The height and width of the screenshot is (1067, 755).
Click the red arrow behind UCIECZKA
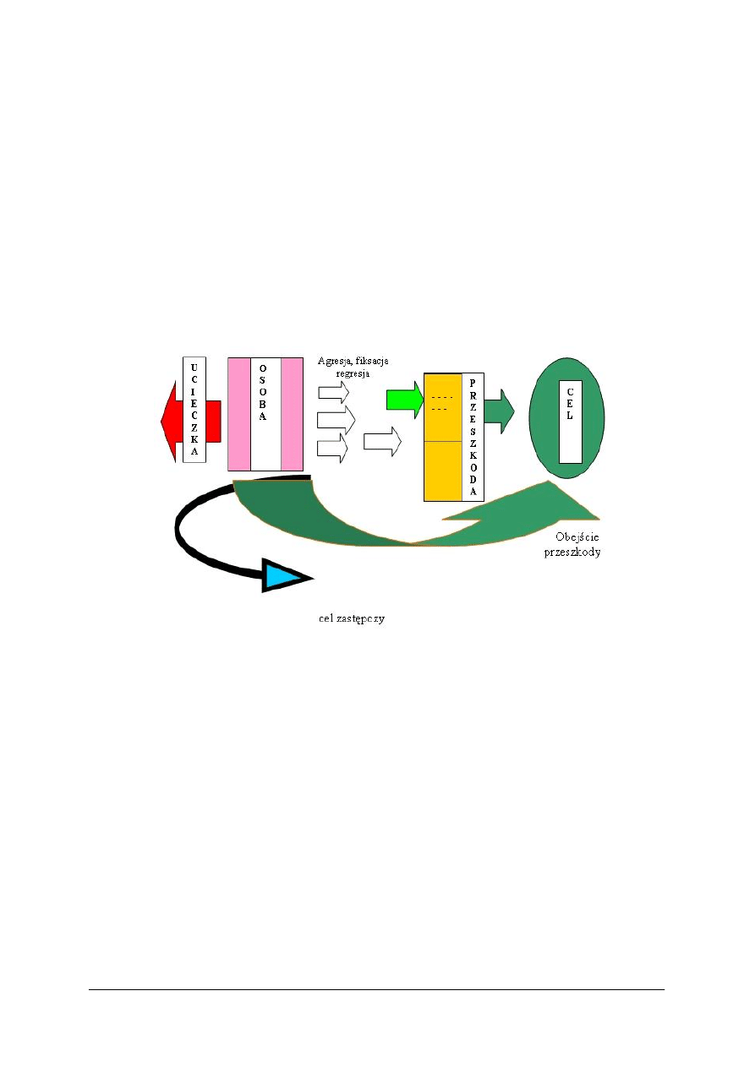[x=191, y=421]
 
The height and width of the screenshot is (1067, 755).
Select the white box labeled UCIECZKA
[x=194, y=410]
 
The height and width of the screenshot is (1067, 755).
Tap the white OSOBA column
[x=265, y=414]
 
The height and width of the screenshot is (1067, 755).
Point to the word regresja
[x=353, y=373]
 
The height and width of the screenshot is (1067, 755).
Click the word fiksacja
[x=372, y=361]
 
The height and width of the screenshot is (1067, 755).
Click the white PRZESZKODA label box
[x=473, y=437]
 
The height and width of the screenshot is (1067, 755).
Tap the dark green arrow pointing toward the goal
[x=499, y=411]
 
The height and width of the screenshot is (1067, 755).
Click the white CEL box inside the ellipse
[x=570, y=422]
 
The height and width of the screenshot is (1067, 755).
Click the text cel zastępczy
[x=352, y=618]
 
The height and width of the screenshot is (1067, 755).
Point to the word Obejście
[x=577, y=536]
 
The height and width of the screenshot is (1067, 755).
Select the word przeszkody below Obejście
[x=572, y=553]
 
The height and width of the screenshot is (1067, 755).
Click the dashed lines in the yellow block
[x=441, y=404]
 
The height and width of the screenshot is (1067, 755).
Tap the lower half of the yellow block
[x=443, y=471]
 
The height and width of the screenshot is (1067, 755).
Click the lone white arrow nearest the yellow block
[x=382, y=442]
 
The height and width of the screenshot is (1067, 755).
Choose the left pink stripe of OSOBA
[x=238, y=414]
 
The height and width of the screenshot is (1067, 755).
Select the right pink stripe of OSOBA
[x=293, y=414]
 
